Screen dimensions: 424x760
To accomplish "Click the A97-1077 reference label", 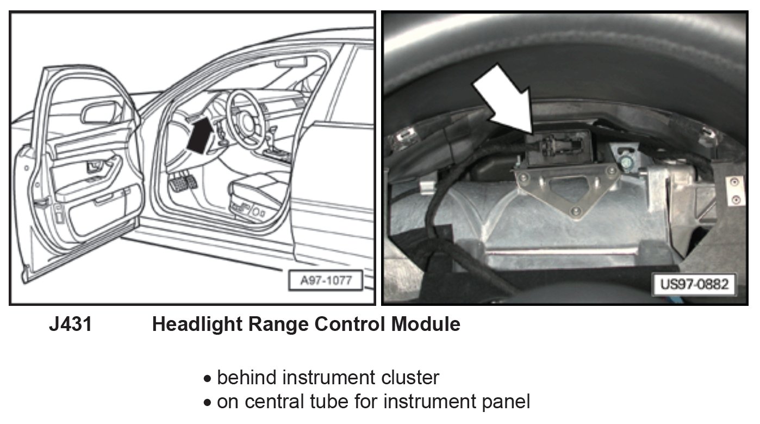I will pos(326,281).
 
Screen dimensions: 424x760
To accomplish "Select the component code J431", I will pos(71,325).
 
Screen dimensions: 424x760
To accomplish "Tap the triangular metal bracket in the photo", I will pos(565,188).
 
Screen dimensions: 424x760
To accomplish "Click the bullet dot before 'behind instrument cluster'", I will pos(207,378).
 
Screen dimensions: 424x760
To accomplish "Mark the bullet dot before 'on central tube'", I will pos(207,403).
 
